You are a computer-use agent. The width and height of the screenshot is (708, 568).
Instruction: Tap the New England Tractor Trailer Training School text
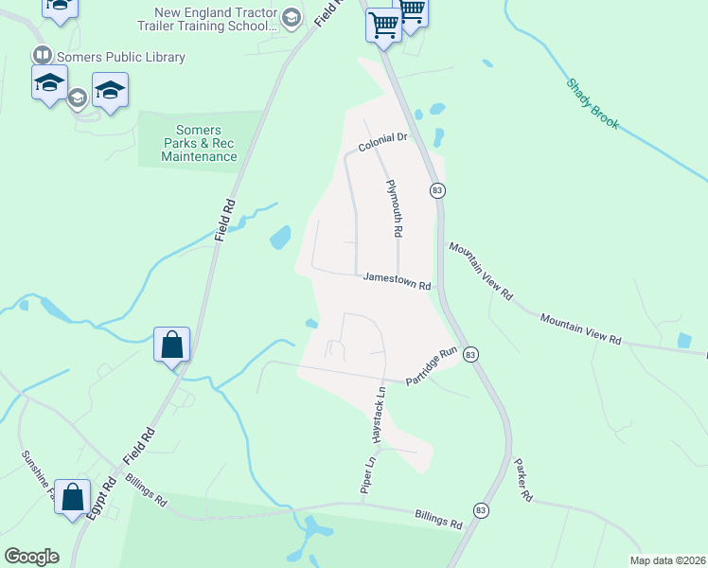(x=216, y=20)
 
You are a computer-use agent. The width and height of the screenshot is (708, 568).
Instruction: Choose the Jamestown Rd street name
(x=398, y=281)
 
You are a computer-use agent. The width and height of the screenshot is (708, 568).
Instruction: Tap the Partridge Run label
(x=432, y=365)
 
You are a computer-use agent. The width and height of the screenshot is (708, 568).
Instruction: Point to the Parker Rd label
(x=523, y=480)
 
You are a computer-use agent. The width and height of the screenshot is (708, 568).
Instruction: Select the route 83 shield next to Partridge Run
(x=471, y=353)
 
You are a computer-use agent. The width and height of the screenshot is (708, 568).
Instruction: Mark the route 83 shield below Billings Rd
(x=481, y=510)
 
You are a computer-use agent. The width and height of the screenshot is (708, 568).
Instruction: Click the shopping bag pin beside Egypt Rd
(x=72, y=497)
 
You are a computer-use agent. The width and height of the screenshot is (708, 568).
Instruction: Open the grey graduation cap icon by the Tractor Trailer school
(x=292, y=17)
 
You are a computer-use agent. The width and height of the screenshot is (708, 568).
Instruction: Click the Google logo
(x=31, y=557)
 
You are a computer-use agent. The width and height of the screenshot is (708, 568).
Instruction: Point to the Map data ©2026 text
(x=666, y=559)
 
